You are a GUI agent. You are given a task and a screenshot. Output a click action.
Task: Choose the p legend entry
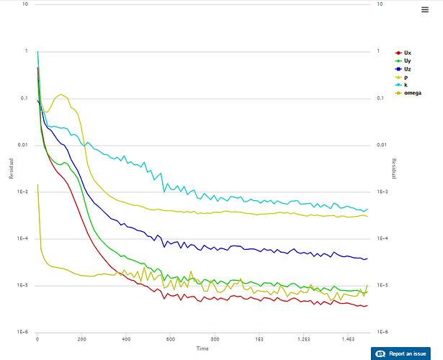(x=406, y=77)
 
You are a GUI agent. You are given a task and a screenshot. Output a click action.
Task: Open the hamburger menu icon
(x=425, y=9)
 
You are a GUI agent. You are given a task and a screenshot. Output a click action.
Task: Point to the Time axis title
(x=203, y=348)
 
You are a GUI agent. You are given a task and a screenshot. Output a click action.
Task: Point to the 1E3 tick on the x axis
(x=258, y=338)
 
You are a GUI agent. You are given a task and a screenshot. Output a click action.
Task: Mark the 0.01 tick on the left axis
(x=22, y=145)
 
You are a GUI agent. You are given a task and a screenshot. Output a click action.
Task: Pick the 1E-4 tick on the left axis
(x=21, y=238)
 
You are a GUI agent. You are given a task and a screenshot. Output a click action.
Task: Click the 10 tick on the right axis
(x=380, y=4)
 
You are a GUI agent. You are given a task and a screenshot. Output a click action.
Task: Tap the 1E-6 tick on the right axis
(x=382, y=332)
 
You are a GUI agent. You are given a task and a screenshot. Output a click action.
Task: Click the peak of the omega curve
(x=62, y=94)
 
